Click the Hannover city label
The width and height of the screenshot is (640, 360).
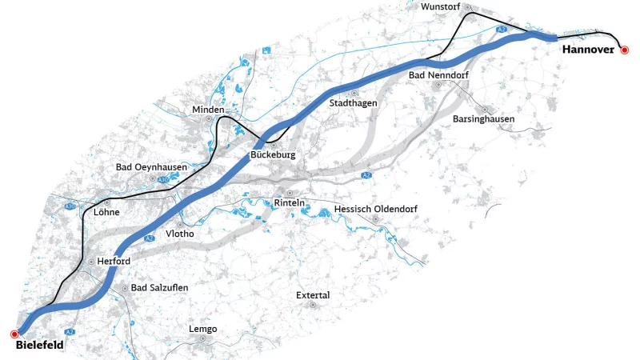(587, 50)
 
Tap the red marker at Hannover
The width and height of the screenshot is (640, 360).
(625, 50)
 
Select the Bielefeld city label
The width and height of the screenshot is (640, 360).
(39, 346)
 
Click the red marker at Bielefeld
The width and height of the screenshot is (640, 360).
(14, 334)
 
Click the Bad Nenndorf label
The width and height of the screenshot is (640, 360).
(438, 75)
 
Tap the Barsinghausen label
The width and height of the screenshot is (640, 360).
(483, 119)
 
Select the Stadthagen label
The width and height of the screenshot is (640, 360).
(353, 103)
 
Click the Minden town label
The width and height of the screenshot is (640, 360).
(208, 109)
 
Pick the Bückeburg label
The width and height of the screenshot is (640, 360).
(273, 154)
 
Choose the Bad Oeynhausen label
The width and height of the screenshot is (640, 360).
(151, 167)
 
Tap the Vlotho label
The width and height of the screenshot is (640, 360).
(179, 234)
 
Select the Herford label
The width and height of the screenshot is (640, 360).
(114, 262)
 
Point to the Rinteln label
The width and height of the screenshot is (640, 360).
(290, 203)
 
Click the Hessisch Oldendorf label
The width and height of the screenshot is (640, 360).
(376, 210)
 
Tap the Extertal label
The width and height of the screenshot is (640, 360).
(313, 295)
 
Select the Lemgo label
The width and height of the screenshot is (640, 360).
(202, 329)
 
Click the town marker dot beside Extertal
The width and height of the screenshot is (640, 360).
(314, 305)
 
